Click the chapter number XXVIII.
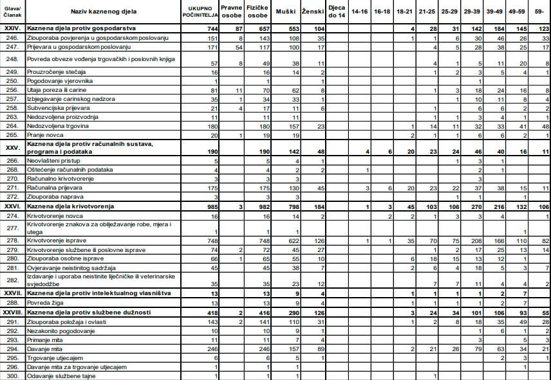[12, 312]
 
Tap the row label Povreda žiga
[47, 303]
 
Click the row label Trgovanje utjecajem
[55, 357]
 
